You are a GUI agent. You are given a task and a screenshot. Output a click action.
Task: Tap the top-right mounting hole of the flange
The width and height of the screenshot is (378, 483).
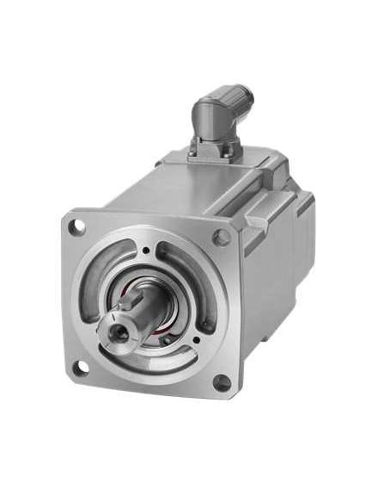pos(222,235)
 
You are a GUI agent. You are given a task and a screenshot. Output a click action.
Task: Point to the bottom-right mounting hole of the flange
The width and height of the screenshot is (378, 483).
pos(223,381)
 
